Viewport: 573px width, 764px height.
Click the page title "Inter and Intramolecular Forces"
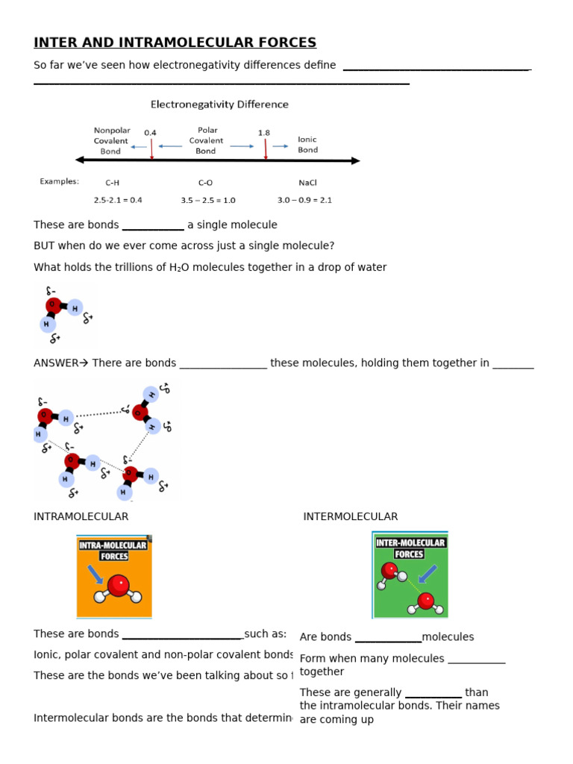click(175, 43)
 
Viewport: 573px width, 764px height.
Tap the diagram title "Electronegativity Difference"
click(219, 104)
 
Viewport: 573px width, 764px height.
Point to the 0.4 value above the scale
click(150, 133)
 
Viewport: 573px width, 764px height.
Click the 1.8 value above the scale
click(264, 133)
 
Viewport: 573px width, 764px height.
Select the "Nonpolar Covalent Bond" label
click(110, 140)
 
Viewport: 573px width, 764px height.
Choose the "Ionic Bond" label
click(307, 144)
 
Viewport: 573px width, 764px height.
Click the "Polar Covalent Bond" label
click(206, 140)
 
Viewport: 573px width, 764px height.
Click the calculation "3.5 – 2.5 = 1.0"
click(207, 200)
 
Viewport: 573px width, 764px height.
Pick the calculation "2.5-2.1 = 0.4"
click(118, 200)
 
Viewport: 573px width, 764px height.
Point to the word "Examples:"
click(59, 181)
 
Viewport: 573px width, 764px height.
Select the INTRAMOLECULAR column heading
click(81, 516)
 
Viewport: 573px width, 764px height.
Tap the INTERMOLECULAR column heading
click(350, 516)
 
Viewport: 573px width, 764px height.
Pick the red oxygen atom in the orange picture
click(117, 586)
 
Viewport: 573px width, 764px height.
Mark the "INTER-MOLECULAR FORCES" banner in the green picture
click(410, 548)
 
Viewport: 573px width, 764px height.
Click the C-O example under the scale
click(206, 182)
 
